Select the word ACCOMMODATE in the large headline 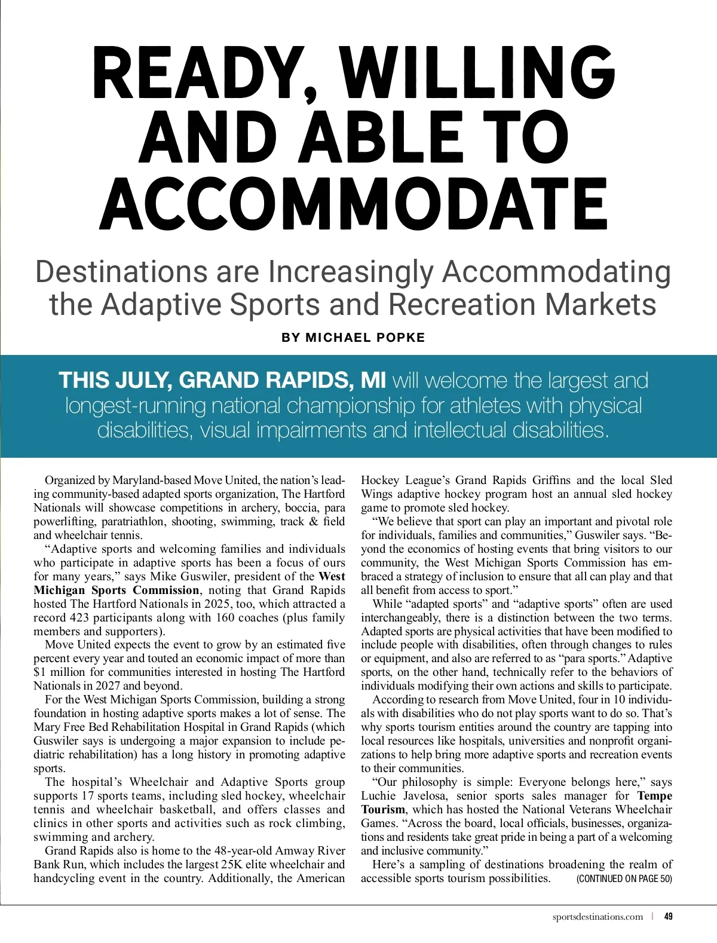pos(354,203)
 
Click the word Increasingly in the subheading pos(350,272)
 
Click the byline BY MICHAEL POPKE pos(353,338)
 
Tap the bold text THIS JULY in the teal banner pos(114,380)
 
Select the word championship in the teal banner pos(351,405)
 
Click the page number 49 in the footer pos(669,916)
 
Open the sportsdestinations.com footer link pos(597,917)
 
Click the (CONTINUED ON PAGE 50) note pos(624,878)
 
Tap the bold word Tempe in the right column pos(655,796)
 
